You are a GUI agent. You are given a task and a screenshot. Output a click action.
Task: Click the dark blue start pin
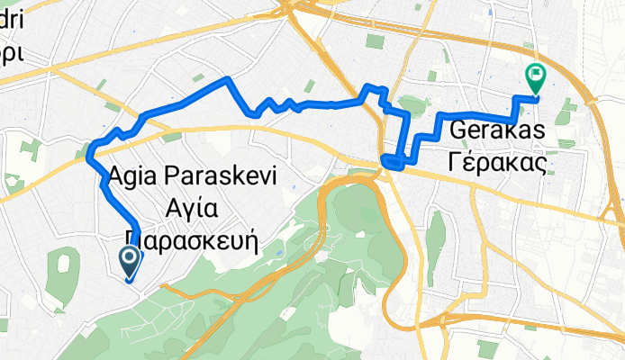tap(129, 262)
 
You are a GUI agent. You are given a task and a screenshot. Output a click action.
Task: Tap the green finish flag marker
tap(535, 78)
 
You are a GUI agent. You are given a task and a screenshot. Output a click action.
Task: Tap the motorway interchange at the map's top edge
tap(297, 9)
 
